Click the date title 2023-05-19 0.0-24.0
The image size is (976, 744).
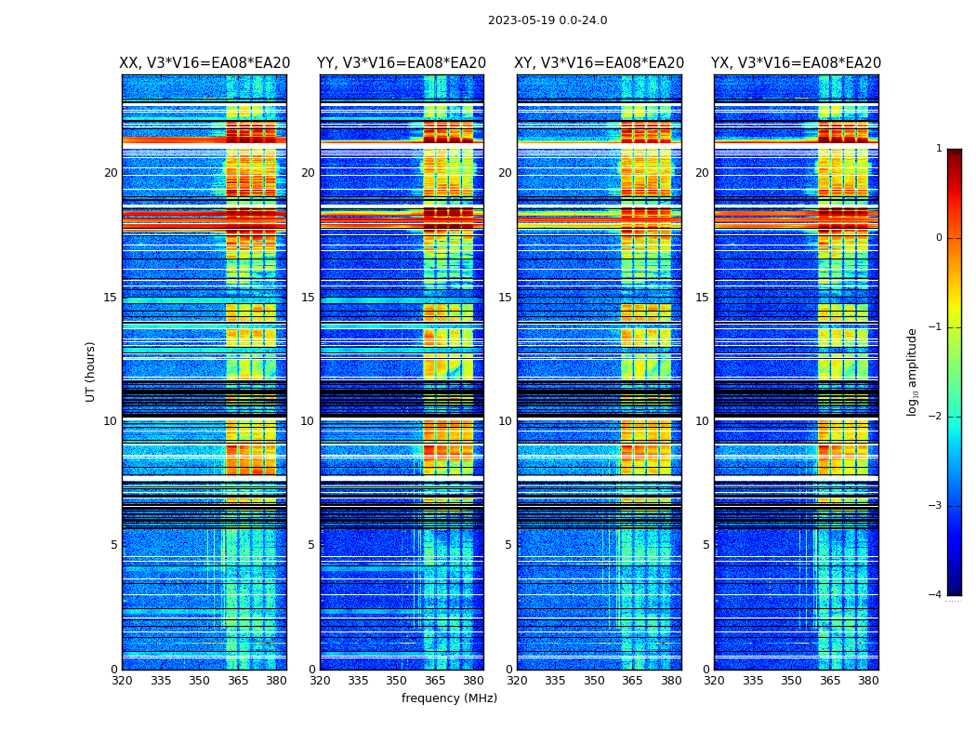point(547,20)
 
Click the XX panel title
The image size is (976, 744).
point(204,63)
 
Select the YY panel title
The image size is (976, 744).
point(402,63)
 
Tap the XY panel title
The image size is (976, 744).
point(600,63)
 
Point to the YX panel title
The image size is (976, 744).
point(796,63)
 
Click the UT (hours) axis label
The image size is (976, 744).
point(91,371)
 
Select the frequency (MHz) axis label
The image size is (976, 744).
point(449,698)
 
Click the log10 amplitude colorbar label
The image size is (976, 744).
point(913,371)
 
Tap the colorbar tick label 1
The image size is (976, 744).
point(939,149)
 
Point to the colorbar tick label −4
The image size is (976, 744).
point(936,595)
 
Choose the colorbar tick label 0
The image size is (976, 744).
point(939,238)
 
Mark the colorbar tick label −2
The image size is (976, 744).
point(936,417)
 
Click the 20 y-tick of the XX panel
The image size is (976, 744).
point(111,173)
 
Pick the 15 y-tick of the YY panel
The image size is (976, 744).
point(308,298)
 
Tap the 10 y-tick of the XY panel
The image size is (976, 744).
point(505,421)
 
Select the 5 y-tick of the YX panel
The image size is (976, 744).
point(706,545)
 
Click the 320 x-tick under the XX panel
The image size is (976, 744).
point(122,681)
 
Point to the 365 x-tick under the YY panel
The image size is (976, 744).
point(435,681)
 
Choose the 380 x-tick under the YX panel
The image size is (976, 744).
point(868,681)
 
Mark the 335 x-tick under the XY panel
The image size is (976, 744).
point(556,681)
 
